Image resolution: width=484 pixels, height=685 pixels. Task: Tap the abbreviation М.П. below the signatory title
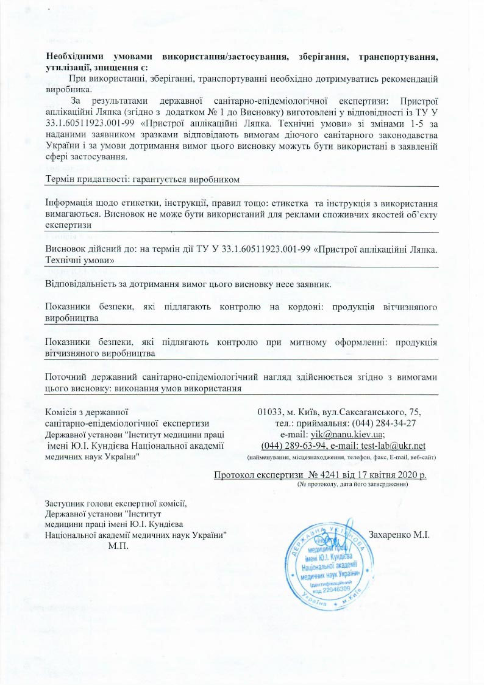[118, 545]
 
